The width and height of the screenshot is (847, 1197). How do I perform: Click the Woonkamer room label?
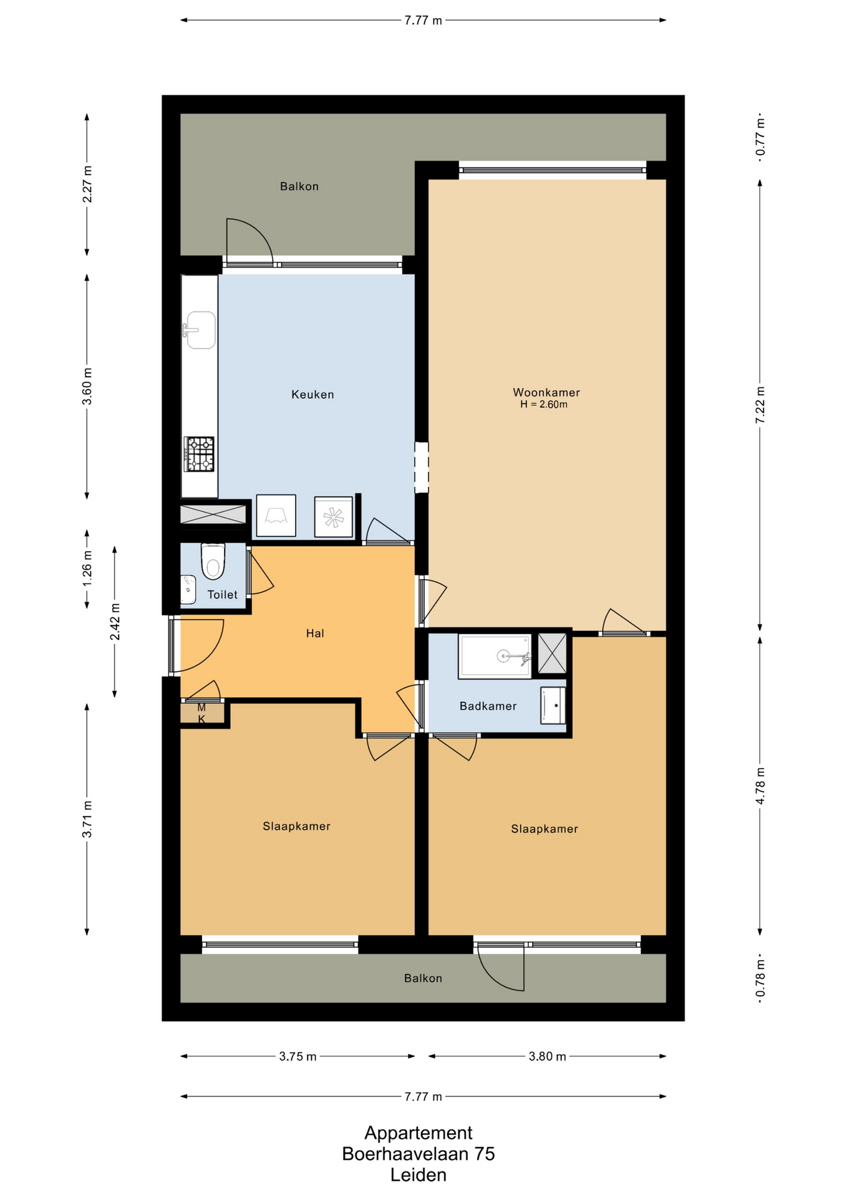[546, 392]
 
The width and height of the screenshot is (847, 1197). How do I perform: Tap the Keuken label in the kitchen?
[312, 394]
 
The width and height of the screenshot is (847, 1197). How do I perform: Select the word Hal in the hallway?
[315, 633]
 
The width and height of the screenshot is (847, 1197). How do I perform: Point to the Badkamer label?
[488, 706]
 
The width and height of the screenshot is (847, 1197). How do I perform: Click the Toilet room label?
[223, 595]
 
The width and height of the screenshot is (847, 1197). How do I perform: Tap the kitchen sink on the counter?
[200, 330]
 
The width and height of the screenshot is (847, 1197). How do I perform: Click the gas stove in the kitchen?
[199, 454]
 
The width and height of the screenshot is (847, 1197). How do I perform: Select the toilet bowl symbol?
[213, 561]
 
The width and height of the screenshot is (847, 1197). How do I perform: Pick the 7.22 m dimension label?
[760, 405]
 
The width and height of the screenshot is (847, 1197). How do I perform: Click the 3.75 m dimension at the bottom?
[298, 1056]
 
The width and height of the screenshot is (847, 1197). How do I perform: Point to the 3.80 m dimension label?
[547, 1056]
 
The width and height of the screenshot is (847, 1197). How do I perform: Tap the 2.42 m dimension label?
[115, 622]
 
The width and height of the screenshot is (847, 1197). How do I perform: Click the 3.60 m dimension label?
[87, 387]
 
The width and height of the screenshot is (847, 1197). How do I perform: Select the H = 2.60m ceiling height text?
[544, 405]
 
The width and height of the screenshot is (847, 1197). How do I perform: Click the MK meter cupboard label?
[201, 713]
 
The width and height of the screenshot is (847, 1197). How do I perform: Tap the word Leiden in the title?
[419, 1175]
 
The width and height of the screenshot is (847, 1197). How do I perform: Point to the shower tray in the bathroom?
[495, 656]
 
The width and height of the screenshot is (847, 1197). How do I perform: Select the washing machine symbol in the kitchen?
[334, 516]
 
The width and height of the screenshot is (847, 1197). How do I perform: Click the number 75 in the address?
[485, 1154]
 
